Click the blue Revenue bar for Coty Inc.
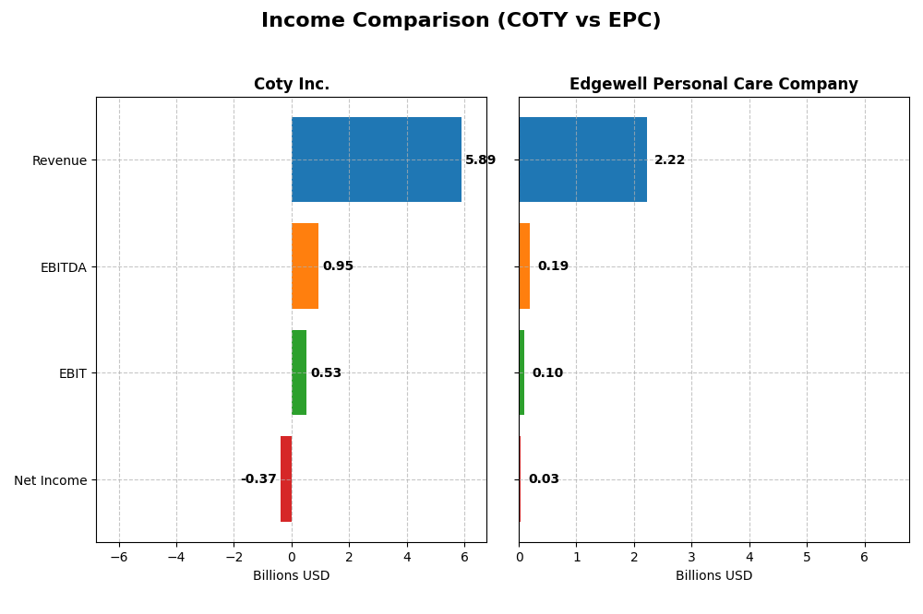click(376, 159)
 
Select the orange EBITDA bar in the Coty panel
click(305, 266)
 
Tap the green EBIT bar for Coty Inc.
click(299, 372)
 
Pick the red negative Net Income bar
click(286, 479)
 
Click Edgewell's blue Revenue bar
click(582, 159)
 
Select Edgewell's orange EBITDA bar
click(524, 266)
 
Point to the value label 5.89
click(480, 160)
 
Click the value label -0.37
click(258, 479)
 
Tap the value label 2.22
click(669, 160)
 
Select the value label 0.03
click(544, 479)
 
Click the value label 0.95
click(338, 266)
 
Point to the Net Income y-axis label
click(50, 480)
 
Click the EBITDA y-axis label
click(63, 267)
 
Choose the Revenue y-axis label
click(59, 160)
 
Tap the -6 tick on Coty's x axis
click(119, 557)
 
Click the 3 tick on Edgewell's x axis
click(691, 557)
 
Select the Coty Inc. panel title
click(292, 85)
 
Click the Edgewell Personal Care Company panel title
click(713, 85)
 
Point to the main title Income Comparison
click(461, 21)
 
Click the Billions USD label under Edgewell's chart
click(713, 576)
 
